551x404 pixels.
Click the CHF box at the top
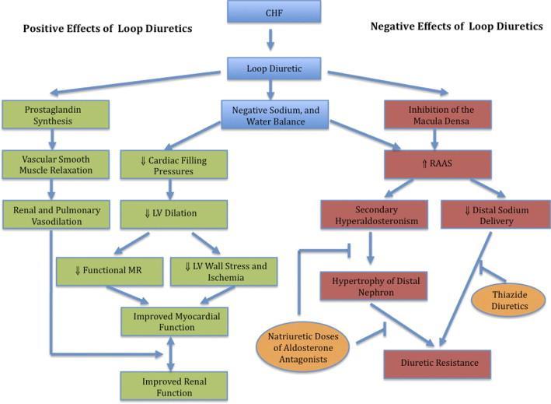click(x=274, y=12)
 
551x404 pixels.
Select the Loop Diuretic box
click(x=274, y=69)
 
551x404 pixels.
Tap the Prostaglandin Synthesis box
click(x=55, y=114)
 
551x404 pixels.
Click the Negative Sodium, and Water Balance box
click(x=275, y=115)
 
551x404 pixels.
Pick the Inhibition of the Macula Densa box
click(x=438, y=114)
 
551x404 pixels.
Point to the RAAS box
click(x=438, y=164)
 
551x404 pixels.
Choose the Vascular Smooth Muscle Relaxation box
click(x=55, y=164)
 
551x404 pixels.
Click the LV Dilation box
click(x=173, y=214)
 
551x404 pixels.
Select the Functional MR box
click(x=110, y=272)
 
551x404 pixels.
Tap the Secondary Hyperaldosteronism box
click(x=375, y=215)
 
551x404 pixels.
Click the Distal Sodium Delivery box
click(x=496, y=215)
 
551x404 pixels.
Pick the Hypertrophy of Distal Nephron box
click(x=374, y=286)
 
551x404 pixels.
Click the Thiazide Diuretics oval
click(x=509, y=300)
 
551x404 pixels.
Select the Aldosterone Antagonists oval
click(x=303, y=347)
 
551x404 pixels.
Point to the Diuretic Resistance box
click(x=438, y=364)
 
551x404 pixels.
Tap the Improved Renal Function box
click(x=174, y=387)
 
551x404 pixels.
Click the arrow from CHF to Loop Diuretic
click(x=270, y=40)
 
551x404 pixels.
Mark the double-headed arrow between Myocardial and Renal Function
click(x=170, y=354)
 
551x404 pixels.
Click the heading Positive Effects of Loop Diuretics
click(x=107, y=29)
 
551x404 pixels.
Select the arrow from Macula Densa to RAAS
click(x=434, y=139)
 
